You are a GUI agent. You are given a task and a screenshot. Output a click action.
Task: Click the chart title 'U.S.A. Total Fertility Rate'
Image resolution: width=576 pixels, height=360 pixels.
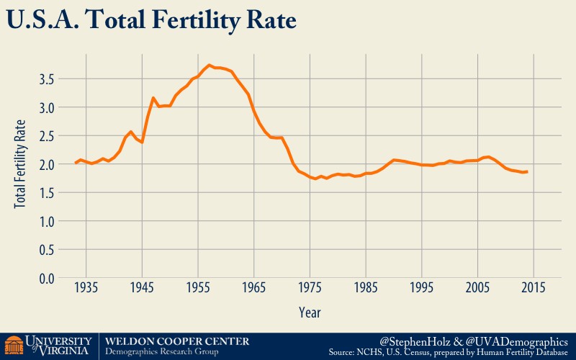click(150, 20)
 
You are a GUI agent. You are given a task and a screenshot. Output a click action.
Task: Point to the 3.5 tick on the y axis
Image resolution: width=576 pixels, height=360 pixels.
click(48, 78)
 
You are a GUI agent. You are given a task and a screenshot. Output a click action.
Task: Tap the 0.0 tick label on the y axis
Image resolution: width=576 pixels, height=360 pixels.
click(48, 279)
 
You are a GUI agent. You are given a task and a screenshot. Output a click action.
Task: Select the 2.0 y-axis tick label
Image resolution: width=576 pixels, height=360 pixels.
click(48, 164)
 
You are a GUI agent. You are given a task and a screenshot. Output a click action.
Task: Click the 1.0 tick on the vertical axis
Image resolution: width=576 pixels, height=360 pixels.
click(48, 222)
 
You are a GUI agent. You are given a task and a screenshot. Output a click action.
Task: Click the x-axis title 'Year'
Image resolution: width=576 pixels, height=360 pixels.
click(310, 312)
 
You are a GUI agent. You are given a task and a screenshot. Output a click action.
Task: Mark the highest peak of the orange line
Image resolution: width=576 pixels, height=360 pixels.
click(209, 66)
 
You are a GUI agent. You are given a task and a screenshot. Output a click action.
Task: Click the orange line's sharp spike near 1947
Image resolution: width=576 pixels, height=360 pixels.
click(153, 98)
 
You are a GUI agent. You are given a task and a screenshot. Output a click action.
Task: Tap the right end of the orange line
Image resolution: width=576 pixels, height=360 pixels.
click(528, 171)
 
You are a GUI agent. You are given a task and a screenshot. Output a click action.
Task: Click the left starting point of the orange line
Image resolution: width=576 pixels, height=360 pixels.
click(75, 163)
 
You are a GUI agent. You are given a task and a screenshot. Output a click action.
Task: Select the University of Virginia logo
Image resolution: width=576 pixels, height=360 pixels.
click(48, 346)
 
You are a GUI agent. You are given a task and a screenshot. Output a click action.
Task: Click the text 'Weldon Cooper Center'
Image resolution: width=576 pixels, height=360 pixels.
click(177, 341)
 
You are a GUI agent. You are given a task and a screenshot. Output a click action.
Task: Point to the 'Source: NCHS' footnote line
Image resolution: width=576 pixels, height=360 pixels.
click(448, 353)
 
